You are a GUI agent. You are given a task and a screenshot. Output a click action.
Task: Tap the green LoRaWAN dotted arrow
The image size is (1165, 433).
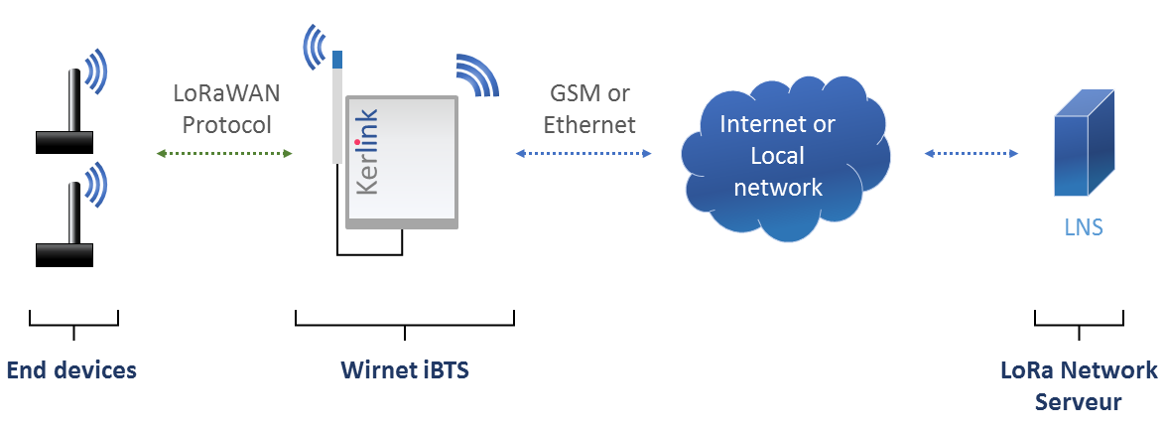pos(225,153)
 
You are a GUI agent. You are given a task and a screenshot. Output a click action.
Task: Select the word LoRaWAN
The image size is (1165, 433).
pos(226,94)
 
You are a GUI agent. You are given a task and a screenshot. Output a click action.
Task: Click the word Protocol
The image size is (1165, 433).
pos(226,126)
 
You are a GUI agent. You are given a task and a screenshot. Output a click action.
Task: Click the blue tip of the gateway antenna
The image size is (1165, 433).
pos(337,60)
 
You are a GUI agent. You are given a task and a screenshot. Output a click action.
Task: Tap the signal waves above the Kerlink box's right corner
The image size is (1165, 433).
pos(476,74)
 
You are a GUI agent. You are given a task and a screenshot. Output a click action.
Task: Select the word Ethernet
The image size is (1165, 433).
pos(589,126)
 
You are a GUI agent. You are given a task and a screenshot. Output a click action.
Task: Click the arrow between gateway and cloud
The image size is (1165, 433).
pos(583,153)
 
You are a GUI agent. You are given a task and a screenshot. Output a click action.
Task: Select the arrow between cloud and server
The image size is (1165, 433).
pos(971,153)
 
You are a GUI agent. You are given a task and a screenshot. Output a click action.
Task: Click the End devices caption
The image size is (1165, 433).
pos(71,371)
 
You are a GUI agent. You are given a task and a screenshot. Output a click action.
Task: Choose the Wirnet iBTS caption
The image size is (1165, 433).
pos(404,371)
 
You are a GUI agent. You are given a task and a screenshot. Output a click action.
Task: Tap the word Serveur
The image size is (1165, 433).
pos(1078,402)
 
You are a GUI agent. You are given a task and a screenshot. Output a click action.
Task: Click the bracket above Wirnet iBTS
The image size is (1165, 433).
pos(405,320)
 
